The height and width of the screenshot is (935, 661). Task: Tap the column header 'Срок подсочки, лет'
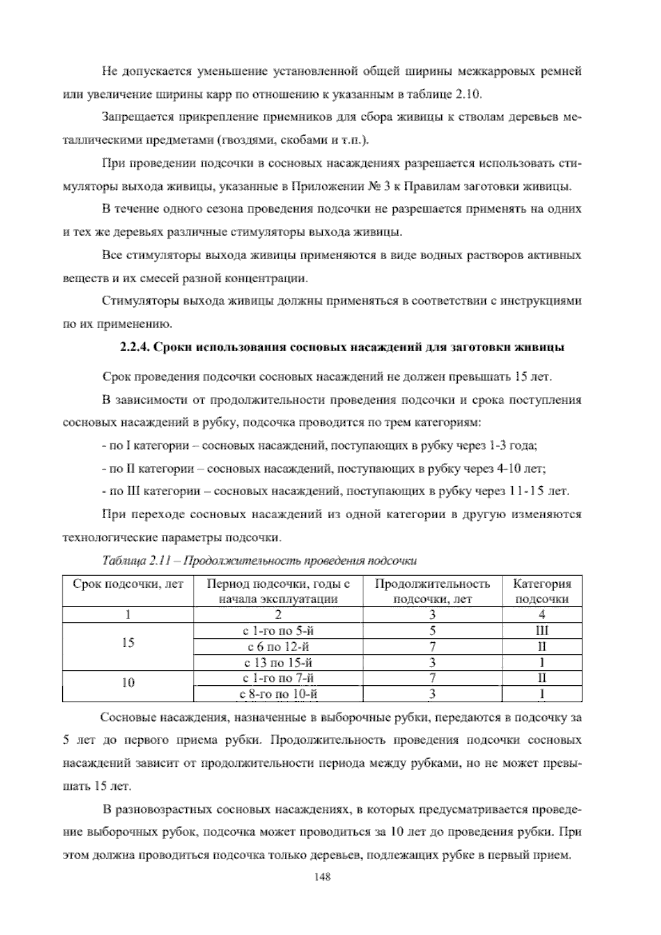128,584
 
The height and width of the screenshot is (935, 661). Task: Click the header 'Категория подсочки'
542,592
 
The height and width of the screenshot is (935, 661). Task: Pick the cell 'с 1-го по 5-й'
278,631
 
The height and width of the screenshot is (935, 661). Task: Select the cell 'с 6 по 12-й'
278,647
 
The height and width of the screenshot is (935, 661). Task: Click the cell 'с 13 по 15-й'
278,663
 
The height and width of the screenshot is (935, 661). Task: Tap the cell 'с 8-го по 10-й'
278,694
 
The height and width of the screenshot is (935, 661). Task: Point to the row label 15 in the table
128,643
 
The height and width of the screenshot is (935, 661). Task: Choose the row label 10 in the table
128,683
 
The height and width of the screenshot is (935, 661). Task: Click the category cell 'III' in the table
542,631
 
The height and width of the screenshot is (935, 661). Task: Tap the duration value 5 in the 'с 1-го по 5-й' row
432,631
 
